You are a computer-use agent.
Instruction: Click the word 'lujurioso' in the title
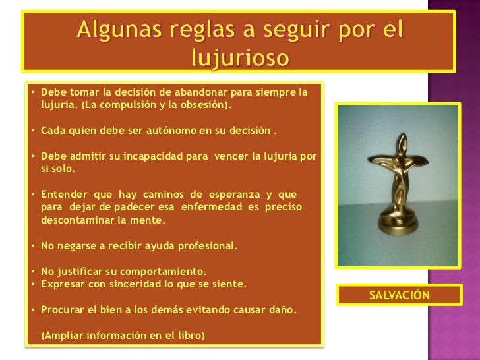coord(239,59)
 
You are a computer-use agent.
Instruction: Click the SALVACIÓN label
coord(399,295)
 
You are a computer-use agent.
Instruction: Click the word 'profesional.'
coord(204,245)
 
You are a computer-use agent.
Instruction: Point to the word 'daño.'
coord(284,309)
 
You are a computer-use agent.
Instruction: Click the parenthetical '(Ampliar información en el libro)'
coord(123,335)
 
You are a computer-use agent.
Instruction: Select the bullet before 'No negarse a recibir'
coord(34,245)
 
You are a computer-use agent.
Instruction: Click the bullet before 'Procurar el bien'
coord(34,309)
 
